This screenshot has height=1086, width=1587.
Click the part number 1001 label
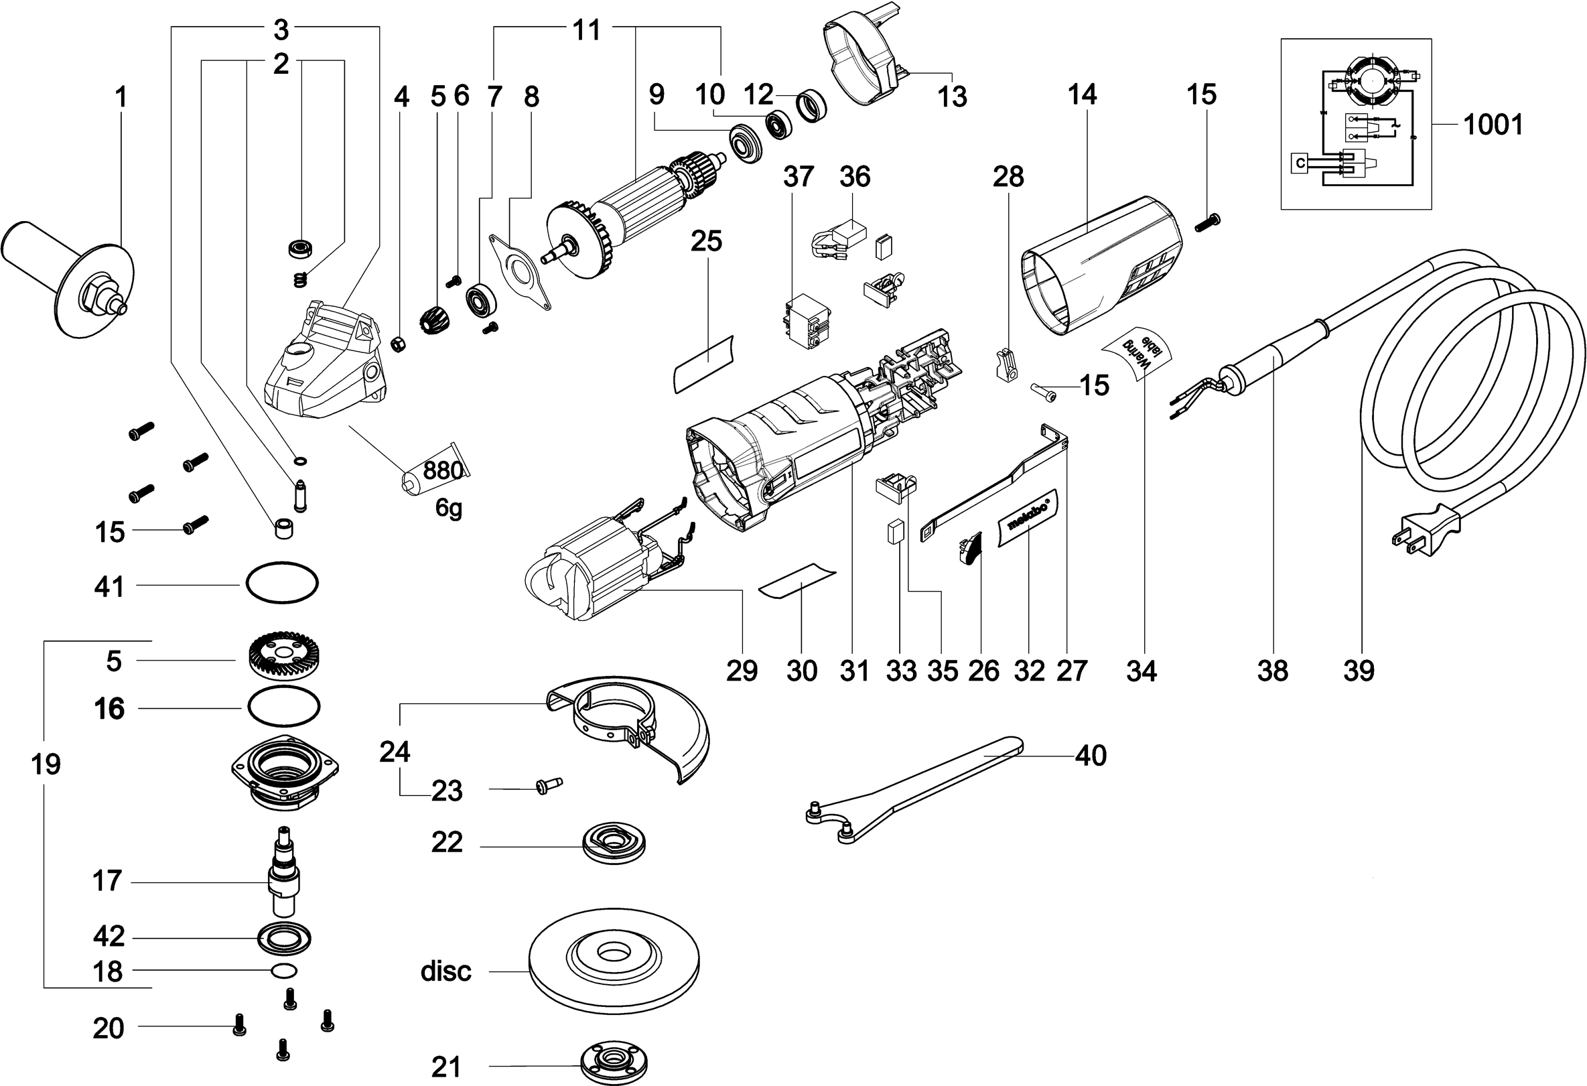click(1493, 125)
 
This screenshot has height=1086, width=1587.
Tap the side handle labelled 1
click(65, 273)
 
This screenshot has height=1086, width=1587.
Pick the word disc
click(446, 971)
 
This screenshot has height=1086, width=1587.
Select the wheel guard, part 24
click(635, 731)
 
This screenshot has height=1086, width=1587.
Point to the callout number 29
click(742, 671)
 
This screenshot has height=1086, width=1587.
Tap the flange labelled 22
click(614, 843)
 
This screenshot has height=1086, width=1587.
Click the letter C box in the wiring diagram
click(1300, 163)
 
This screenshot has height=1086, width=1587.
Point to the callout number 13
click(952, 97)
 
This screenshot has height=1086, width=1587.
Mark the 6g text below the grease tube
click(449, 508)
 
